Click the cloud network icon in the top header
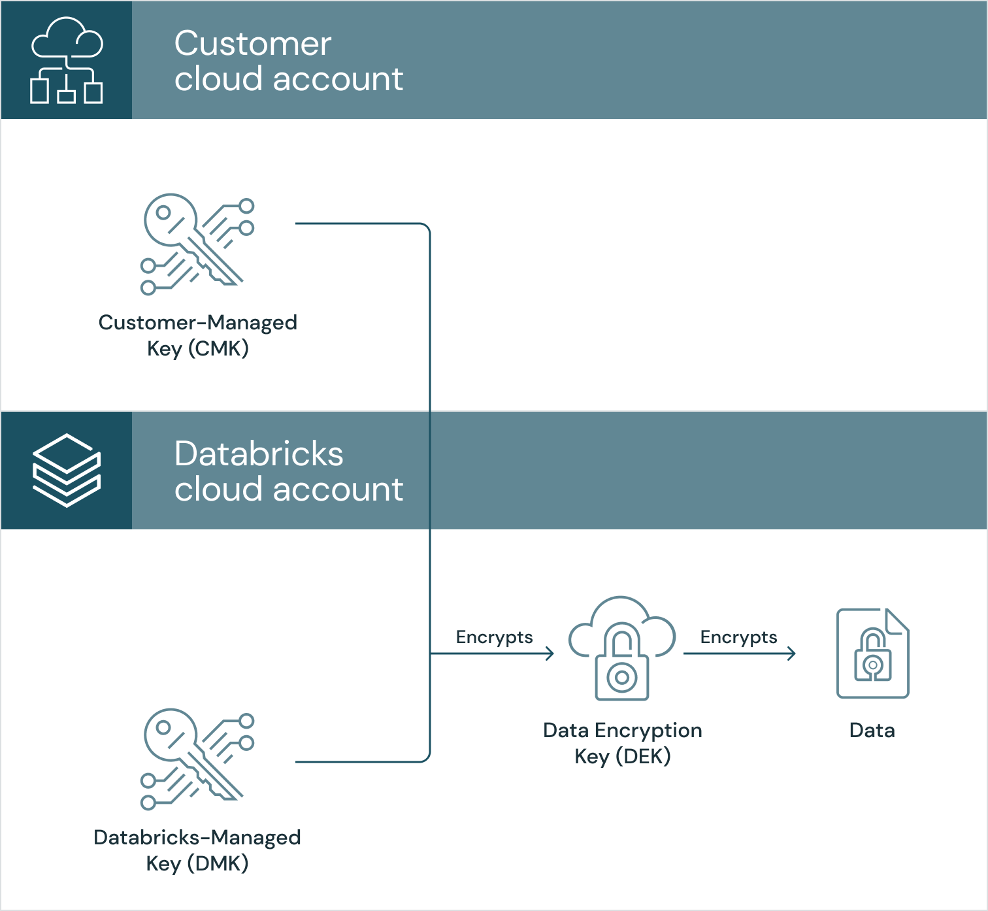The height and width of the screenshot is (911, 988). (x=67, y=60)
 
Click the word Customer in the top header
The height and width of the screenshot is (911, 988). (x=253, y=44)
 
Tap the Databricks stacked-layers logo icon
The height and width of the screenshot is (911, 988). (x=67, y=470)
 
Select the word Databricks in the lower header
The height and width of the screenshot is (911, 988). (x=259, y=454)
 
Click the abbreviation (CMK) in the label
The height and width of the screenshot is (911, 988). (x=218, y=348)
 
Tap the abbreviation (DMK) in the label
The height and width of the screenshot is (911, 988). (x=218, y=863)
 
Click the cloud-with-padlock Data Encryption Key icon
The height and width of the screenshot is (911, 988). (x=622, y=648)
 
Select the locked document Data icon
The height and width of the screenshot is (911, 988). (x=873, y=654)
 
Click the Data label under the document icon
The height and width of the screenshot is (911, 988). (x=872, y=730)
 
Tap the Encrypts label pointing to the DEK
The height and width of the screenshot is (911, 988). (x=494, y=637)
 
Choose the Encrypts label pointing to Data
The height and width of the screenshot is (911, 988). (x=738, y=637)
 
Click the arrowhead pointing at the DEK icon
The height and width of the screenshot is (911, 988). (x=550, y=653)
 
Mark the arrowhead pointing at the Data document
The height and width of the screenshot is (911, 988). (x=791, y=653)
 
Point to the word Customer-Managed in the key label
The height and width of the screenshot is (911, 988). (x=197, y=322)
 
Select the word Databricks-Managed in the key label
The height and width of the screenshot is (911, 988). (x=197, y=837)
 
